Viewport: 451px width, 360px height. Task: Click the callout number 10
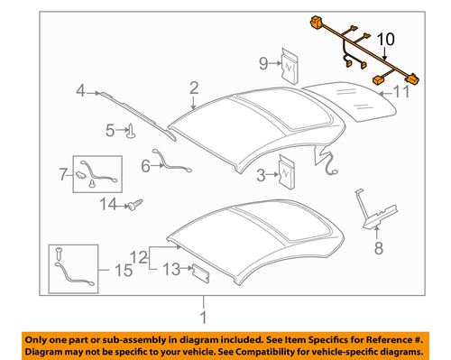click(385, 40)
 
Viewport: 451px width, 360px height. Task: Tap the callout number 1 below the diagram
click(203, 317)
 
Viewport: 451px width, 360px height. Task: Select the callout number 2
click(193, 88)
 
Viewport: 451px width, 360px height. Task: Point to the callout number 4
click(80, 90)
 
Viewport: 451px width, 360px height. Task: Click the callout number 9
click(264, 62)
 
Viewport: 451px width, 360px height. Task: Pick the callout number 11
click(402, 91)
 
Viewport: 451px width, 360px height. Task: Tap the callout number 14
click(107, 205)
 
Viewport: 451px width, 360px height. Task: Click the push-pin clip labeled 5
click(133, 132)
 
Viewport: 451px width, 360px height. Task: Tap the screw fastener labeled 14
click(138, 205)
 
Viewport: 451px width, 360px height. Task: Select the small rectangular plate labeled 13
click(198, 269)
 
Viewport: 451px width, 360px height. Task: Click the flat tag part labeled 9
click(290, 62)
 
